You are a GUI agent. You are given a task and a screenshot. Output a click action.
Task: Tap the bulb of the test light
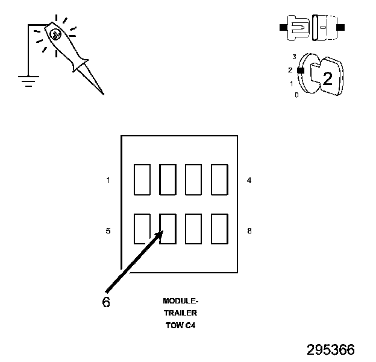click(55, 35)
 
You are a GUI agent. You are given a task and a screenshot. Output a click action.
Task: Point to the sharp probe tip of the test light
click(101, 92)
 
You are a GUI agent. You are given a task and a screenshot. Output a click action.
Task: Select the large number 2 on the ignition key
click(327, 78)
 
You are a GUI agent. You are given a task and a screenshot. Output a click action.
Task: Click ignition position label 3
click(294, 57)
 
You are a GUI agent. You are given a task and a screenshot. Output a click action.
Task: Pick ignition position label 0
click(296, 95)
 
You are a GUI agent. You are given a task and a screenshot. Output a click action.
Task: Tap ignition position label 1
click(292, 83)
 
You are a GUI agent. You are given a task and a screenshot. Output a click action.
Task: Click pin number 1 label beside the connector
click(108, 180)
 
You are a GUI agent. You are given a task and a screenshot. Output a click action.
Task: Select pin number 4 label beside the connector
click(249, 180)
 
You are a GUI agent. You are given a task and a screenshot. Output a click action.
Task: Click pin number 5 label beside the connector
click(108, 230)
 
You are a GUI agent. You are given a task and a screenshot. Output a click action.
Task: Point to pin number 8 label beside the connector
click(249, 230)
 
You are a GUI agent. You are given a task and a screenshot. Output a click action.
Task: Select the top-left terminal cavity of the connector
click(142, 180)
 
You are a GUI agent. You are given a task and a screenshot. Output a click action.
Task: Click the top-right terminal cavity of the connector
click(219, 180)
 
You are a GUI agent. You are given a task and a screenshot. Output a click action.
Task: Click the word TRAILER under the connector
click(180, 313)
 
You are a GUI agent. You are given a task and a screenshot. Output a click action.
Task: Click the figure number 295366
click(331, 350)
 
